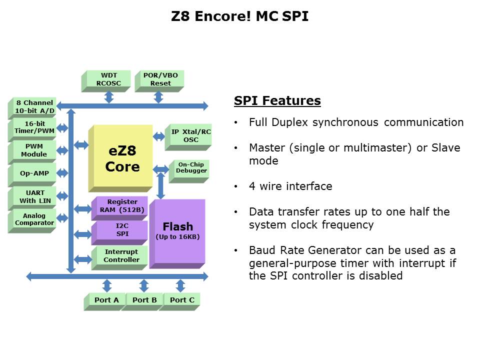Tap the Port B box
(144, 300)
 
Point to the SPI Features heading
(277, 101)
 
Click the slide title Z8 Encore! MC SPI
(240, 16)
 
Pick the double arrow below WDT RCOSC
(108, 97)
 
